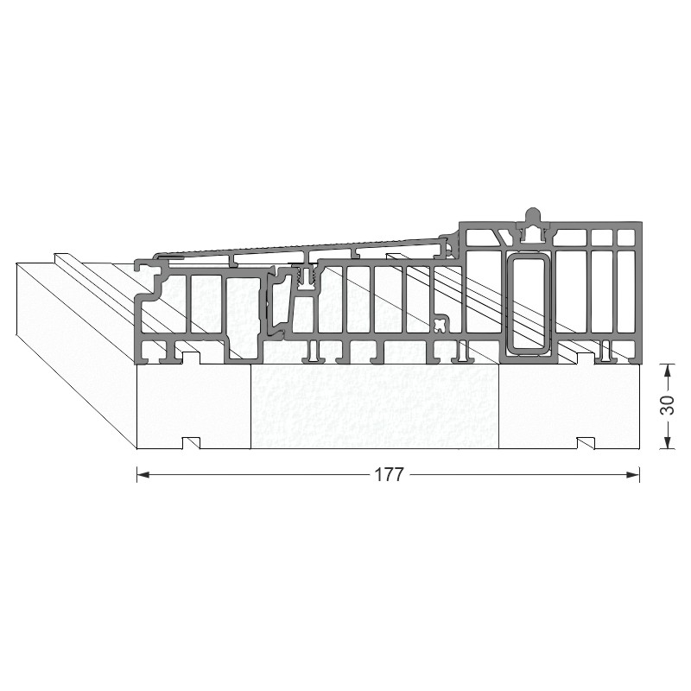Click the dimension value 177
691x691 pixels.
[x=390, y=475]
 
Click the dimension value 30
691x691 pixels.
[x=668, y=405]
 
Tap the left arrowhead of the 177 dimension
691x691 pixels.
[x=143, y=474]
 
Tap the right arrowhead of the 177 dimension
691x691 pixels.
[x=633, y=474]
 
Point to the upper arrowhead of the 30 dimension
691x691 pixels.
[x=668, y=371]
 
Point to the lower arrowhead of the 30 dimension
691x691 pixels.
[x=668, y=442]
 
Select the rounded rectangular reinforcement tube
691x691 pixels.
[x=528, y=303]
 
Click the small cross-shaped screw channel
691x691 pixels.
[x=440, y=326]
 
